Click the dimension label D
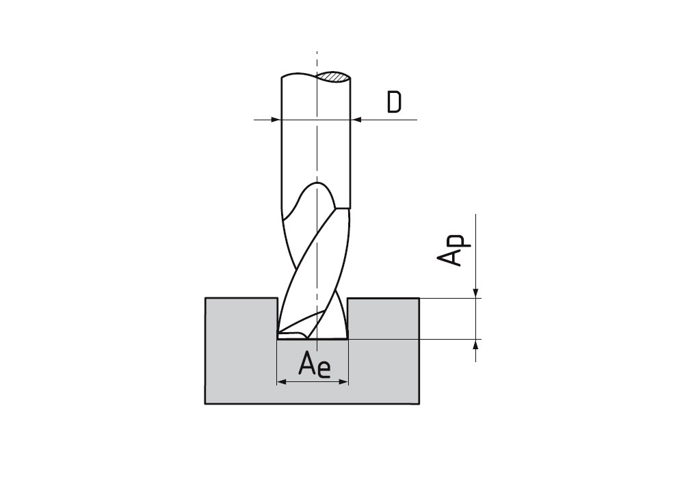click(395, 102)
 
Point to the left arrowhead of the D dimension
click(276, 120)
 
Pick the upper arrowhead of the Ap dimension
click(476, 293)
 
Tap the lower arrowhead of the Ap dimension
click(476, 344)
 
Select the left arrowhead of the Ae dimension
click(282, 382)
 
